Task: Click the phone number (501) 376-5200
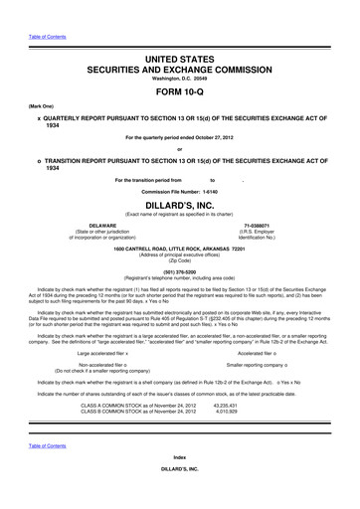point(180,272)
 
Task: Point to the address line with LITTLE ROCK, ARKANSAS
point(180,249)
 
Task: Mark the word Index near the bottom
point(180,471)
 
